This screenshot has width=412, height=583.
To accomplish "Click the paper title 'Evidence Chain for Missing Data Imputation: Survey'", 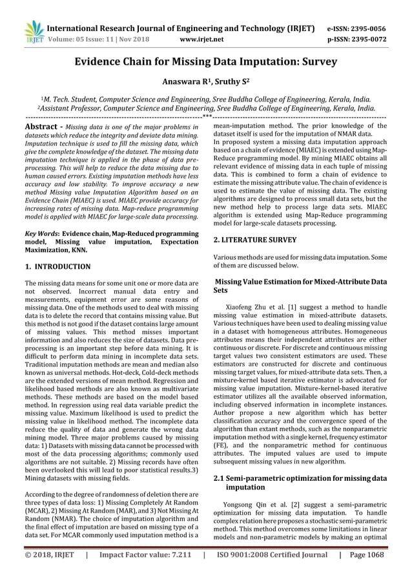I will point(205,63).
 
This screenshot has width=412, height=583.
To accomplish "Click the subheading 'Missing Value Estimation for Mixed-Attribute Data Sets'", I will point(300,286).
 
